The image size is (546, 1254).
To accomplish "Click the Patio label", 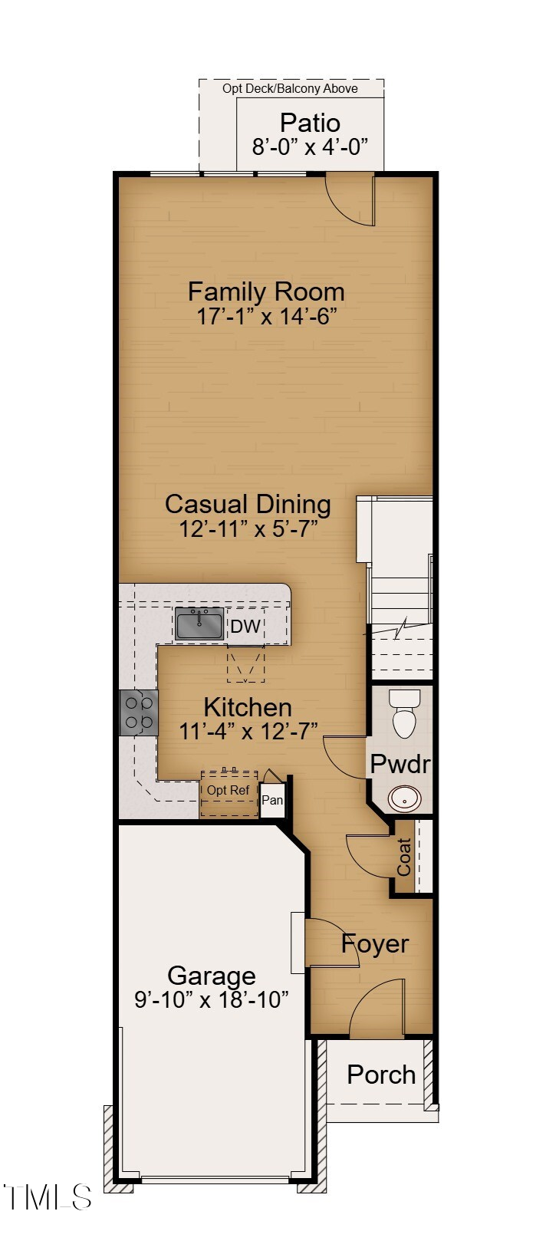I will (x=310, y=123).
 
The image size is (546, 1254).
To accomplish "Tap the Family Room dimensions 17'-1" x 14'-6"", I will (x=267, y=316).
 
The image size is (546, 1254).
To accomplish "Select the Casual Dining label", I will (x=248, y=504).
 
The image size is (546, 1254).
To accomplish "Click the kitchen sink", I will (x=199, y=623).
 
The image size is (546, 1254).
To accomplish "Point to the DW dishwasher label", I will (x=245, y=626).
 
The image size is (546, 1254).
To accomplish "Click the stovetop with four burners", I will (x=138, y=713).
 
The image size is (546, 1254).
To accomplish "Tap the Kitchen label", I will (x=247, y=706).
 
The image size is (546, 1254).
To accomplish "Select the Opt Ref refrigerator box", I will (x=229, y=793).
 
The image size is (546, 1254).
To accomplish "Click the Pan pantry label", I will (x=272, y=800).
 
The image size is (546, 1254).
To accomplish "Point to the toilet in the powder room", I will (x=404, y=713).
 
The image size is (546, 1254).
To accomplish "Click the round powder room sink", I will (x=404, y=798).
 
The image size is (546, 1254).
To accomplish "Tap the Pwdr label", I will (x=400, y=764).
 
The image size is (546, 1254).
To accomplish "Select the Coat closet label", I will (x=404, y=857).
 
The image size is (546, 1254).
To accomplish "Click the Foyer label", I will (x=375, y=943).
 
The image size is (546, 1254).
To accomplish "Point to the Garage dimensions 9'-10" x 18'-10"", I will (x=211, y=999).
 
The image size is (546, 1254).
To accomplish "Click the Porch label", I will (x=380, y=1075).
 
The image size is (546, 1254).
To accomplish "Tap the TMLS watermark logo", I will (x=48, y=1196).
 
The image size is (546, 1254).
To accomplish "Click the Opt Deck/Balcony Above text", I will (x=290, y=88).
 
